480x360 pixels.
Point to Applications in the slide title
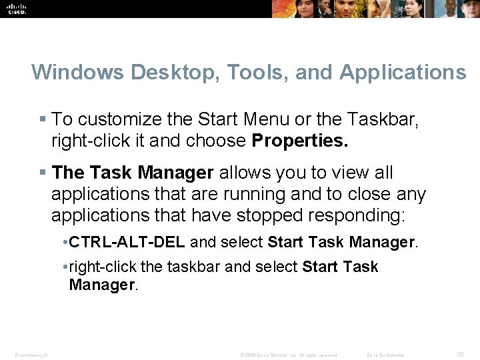pyautogui.click(x=403, y=72)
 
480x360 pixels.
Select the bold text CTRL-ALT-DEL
pyautogui.click(x=127, y=242)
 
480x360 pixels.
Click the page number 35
pyautogui.click(x=459, y=354)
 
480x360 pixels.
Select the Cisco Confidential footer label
pyautogui.click(x=385, y=355)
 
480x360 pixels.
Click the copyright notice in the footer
pyautogui.click(x=289, y=355)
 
